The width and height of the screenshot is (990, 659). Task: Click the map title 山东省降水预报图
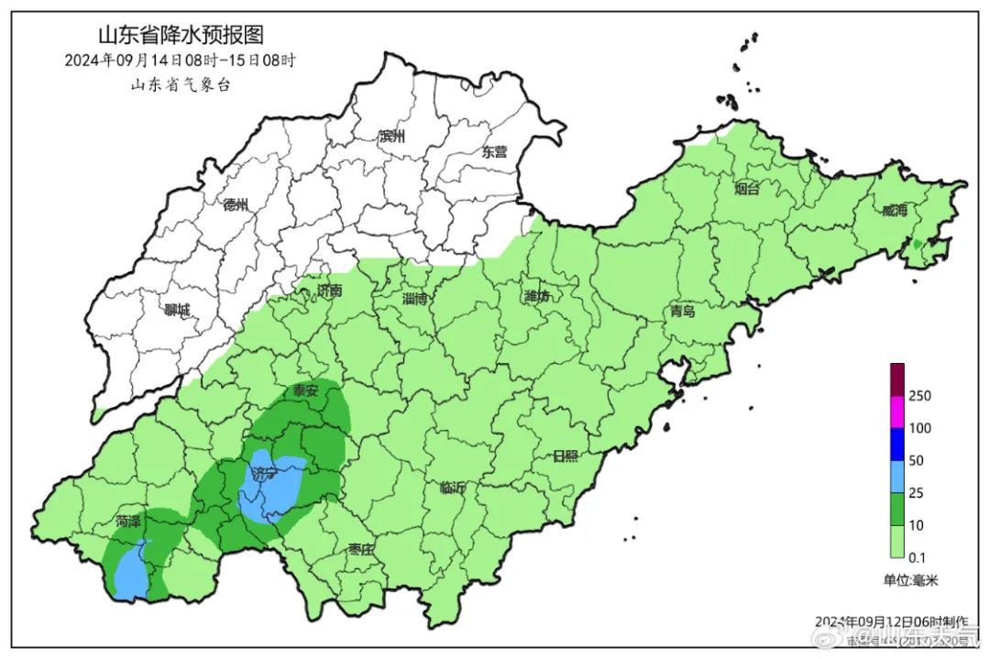(181, 36)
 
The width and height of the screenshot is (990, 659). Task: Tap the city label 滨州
(392, 137)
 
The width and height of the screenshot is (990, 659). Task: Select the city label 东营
(494, 152)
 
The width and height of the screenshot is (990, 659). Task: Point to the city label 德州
(236, 205)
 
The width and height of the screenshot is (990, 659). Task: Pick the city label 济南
(328, 291)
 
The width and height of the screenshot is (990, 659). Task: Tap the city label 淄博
(414, 299)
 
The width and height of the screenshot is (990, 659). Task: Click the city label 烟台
(747, 190)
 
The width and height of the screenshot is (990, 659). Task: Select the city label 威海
(894, 211)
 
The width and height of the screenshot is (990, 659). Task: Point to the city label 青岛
(682, 312)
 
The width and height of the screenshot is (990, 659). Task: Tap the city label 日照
(566, 456)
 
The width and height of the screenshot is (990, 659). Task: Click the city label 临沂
(453, 489)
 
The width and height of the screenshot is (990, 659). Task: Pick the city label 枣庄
(361, 550)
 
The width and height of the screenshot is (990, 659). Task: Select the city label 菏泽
(128, 522)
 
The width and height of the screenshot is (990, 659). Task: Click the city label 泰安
(305, 391)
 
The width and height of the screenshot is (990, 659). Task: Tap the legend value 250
(920, 396)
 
